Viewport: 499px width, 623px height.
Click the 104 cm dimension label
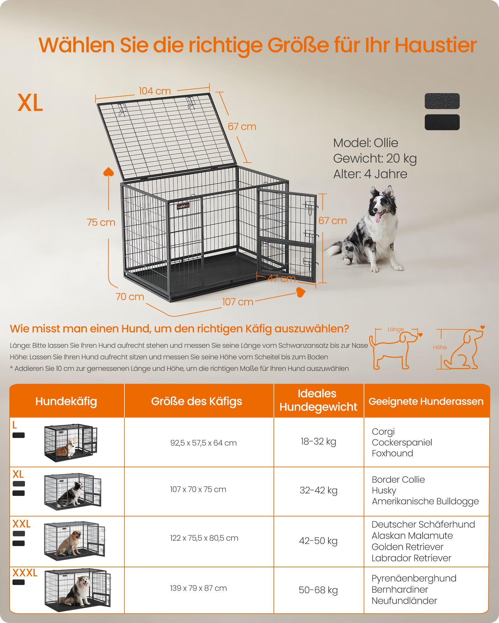155,91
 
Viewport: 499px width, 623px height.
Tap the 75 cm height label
101,222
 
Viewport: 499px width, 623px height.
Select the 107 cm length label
238,302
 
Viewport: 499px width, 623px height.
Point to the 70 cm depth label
130,297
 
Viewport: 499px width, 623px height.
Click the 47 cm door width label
282,278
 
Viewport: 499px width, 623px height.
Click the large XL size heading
30,103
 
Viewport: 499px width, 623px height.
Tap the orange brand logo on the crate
183,206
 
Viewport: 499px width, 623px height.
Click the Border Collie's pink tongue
378,217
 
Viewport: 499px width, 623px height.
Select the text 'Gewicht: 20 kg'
375,159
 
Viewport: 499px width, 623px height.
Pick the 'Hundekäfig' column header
66,401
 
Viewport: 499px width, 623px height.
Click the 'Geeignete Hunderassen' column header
426,401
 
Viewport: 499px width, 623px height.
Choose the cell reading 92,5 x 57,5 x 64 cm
203,443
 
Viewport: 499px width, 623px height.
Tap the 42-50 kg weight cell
318,541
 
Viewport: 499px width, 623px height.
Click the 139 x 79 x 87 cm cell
198,588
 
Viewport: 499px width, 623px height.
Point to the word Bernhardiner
400,589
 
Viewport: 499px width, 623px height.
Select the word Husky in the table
384,490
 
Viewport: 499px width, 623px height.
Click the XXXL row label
25,573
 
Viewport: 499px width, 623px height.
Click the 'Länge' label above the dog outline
396,329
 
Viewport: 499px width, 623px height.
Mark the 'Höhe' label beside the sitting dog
440,347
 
